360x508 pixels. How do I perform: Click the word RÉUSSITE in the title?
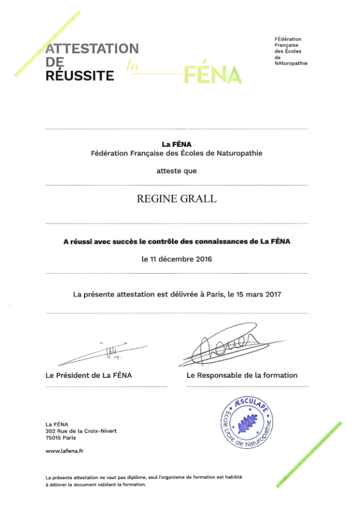click(80, 76)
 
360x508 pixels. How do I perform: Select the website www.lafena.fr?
click(65, 451)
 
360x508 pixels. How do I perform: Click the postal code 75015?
click(54, 437)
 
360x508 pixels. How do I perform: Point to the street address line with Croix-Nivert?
click(81, 430)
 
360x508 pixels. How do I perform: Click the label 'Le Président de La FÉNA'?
click(89, 375)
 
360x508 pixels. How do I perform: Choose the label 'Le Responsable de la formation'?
click(242, 375)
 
